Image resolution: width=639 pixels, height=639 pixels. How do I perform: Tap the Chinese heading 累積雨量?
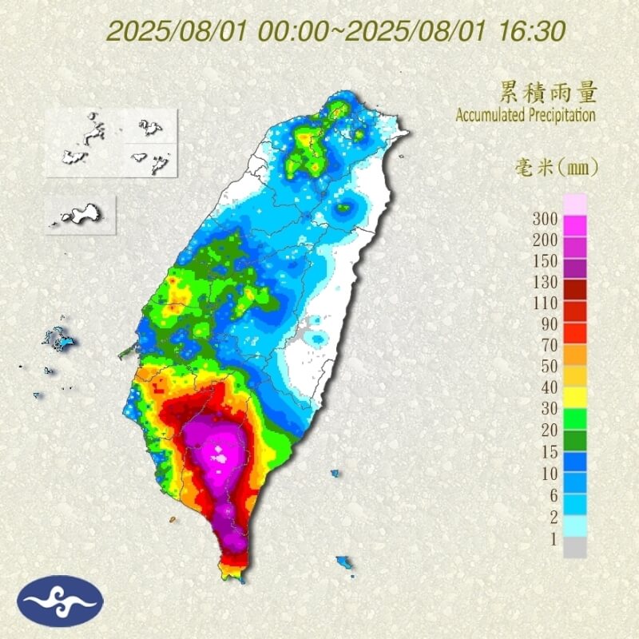550,92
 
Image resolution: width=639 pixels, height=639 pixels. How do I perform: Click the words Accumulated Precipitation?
526,115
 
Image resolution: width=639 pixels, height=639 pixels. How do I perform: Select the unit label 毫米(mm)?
554,168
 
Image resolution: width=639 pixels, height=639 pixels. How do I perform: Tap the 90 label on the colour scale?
546,323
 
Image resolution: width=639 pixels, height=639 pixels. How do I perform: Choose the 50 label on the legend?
546,366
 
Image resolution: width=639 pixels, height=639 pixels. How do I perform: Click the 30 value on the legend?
546,408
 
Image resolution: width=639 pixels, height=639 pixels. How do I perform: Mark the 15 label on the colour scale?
546,450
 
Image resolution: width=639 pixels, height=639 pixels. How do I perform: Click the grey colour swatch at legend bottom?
575,547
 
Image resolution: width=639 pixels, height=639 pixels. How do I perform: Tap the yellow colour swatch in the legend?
575,397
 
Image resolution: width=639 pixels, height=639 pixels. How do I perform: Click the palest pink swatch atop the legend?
575,204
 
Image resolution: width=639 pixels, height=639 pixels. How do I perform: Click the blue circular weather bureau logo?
62,601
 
